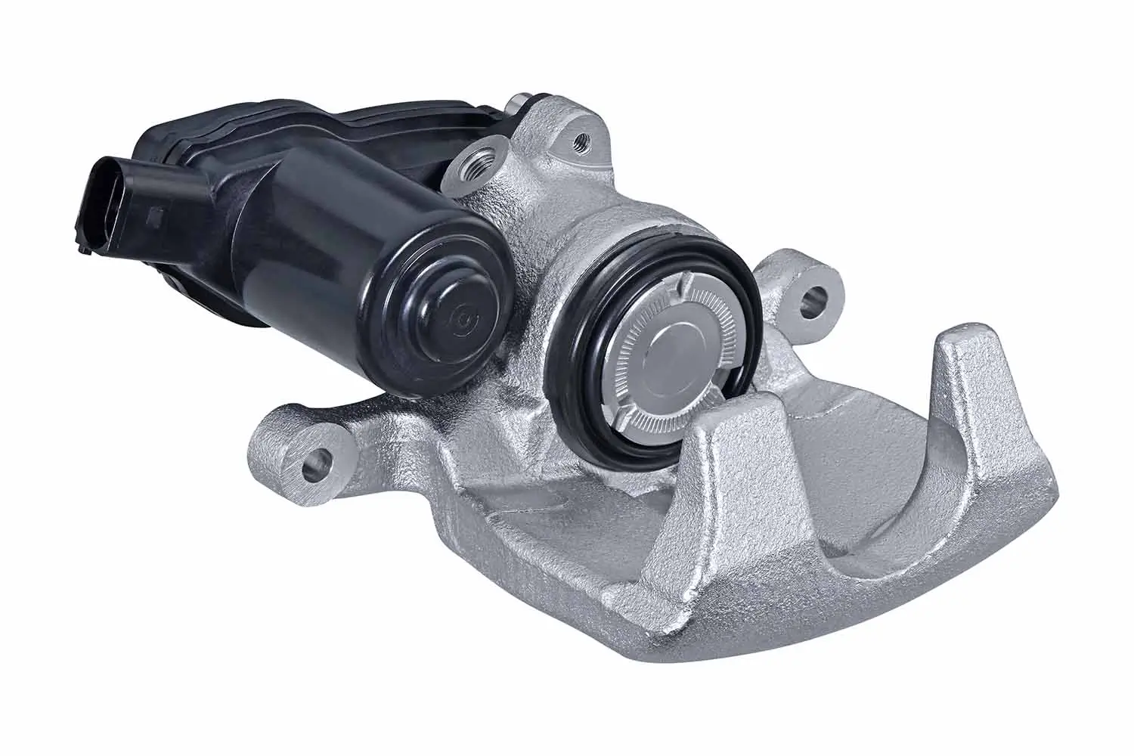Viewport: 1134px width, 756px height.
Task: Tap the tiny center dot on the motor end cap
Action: coord(460,318)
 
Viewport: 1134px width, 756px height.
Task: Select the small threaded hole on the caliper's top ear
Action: coord(580,138)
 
